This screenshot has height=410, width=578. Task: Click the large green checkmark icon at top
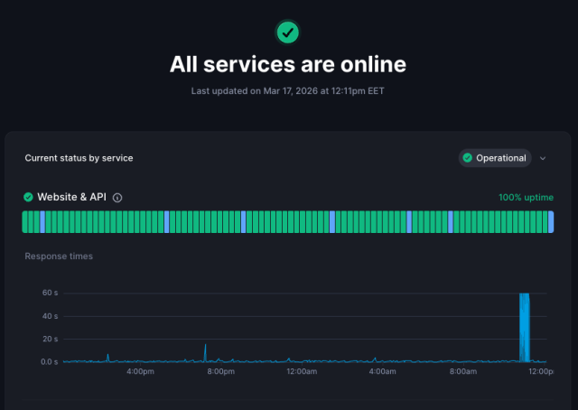point(288,33)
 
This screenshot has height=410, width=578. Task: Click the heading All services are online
point(288,64)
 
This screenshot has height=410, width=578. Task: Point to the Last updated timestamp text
point(288,91)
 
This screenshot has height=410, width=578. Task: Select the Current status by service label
point(79,158)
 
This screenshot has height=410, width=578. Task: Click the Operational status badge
point(494,158)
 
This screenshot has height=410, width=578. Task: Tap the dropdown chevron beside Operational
point(543,158)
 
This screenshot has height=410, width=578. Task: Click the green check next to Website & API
point(28,197)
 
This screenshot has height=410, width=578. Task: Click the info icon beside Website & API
point(117,198)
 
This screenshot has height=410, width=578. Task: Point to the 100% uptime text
point(526,197)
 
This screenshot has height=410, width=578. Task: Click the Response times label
point(59,256)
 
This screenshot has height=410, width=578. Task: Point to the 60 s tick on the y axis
point(50,293)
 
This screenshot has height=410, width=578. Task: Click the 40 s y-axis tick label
point(50,316)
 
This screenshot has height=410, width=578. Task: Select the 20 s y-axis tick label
point(50,339)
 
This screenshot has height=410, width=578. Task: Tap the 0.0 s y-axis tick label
point(48,361)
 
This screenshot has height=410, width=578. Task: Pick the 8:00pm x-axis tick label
point(220,371)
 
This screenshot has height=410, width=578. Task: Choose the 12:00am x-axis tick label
point(301,371)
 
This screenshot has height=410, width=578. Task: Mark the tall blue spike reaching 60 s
point(524,325)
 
